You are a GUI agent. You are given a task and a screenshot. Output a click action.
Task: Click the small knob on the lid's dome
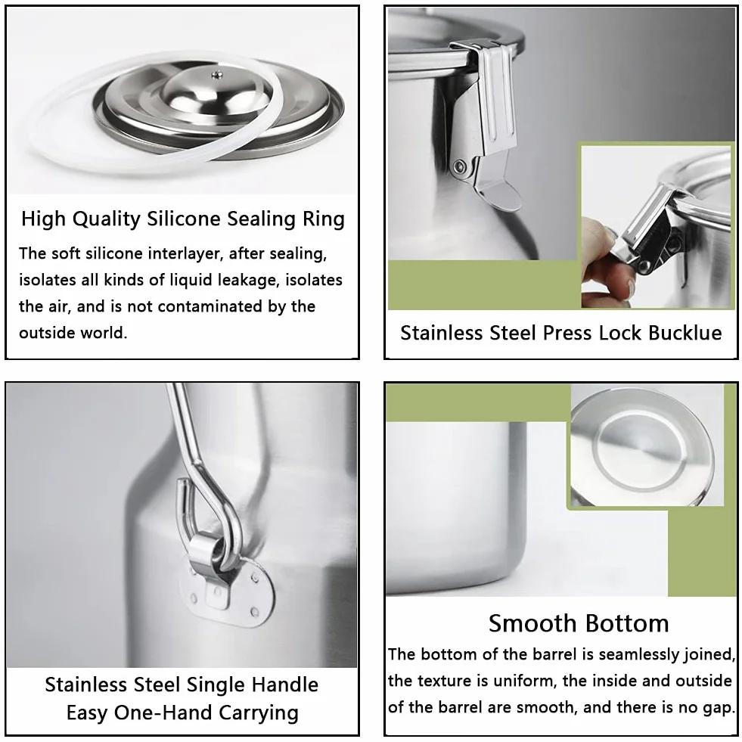pos(217,74)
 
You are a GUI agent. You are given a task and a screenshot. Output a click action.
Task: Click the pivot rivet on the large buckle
pos(458,166)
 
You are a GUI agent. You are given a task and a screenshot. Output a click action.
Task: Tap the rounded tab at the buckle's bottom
pos(501,195)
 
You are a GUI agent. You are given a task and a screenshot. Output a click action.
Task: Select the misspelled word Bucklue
pos(685,333)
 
